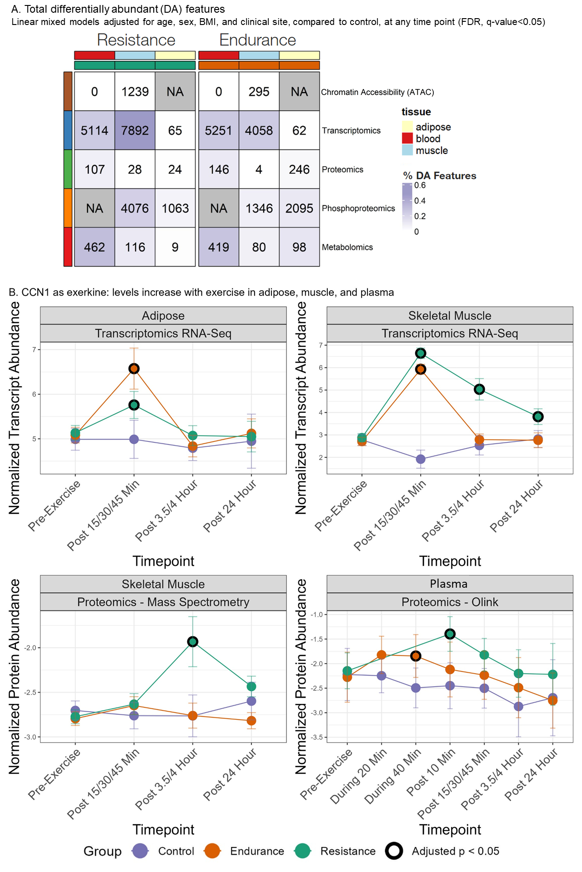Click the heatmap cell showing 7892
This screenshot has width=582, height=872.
135,131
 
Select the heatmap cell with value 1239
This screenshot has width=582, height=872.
135,92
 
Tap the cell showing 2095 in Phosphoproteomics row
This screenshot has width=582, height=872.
299,208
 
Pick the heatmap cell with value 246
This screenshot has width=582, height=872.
299,169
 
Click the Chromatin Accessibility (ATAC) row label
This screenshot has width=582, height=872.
377,92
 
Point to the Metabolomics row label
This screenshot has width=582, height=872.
347,248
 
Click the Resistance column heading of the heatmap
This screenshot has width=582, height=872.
136,40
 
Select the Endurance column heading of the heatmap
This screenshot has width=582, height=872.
257,40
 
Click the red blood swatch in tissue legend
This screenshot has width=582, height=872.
407,139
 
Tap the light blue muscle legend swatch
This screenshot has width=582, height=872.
407,150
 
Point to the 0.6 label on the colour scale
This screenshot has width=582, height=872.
420,185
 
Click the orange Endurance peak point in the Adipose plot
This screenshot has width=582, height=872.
134,368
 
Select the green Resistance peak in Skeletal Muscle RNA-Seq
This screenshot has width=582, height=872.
421,353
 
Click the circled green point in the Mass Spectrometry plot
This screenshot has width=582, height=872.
193,641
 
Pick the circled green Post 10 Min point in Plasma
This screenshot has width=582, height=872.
450,634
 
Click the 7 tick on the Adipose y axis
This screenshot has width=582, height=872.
34,350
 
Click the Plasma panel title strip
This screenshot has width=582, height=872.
449,584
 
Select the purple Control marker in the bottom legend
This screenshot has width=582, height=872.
140,851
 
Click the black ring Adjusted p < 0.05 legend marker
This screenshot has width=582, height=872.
394,851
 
